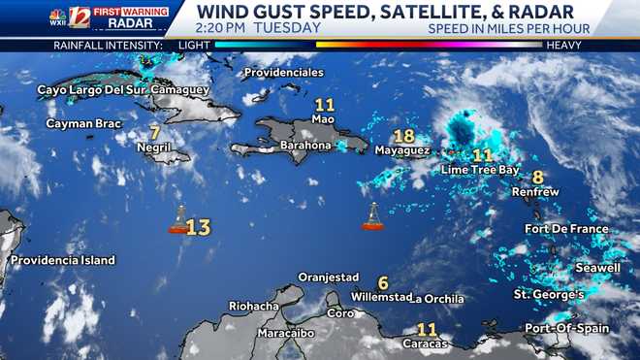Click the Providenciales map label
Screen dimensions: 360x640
tap(283, 73)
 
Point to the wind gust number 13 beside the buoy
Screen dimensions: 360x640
tap(199, 227)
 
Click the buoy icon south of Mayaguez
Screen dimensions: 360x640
tap(373, 217)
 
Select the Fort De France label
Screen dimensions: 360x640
tap(566, 229)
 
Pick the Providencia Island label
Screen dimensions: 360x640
tap(63, 260)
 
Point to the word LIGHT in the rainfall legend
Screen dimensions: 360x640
tap(193, 45)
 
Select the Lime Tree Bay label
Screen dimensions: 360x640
tap(480, 170)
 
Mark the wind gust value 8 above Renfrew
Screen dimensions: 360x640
tap(537, 177)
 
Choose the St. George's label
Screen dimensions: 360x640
tap(549, 294)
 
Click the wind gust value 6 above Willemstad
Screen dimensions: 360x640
tap(383, 282)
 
